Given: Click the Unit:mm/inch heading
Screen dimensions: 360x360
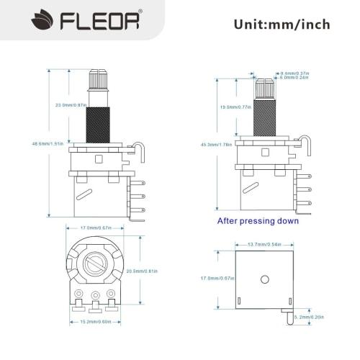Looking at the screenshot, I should click(282, 24).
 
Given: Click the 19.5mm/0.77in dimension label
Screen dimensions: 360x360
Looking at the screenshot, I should click(235, 107).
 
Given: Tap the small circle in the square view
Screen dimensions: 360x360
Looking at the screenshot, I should click(265, 279).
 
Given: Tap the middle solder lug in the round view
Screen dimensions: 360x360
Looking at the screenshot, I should click(96, 295).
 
